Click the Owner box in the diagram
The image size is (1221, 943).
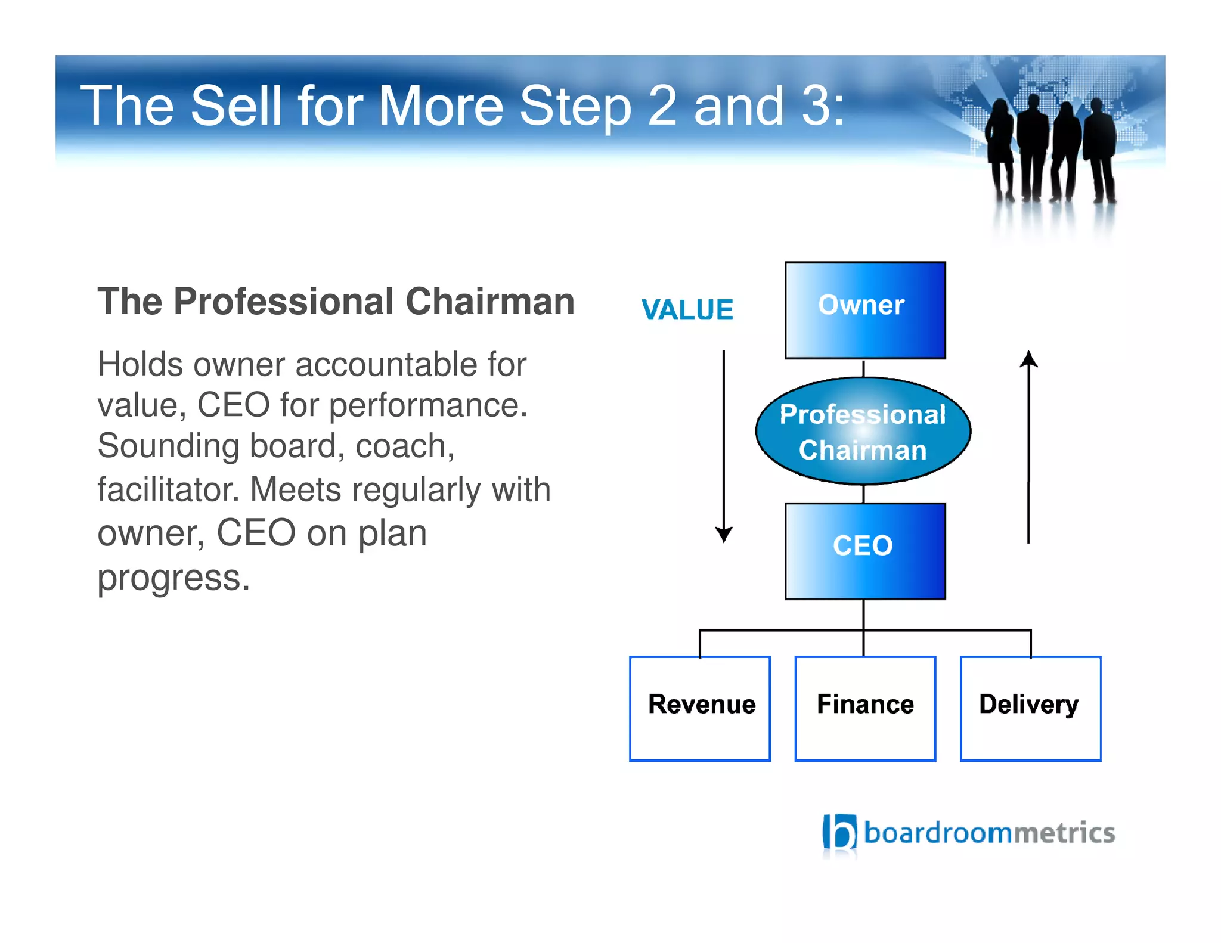pos(864,310)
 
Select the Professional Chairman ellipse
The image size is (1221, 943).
pos(863,431)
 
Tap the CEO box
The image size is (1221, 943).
pos(864,551)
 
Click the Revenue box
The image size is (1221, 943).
pos(700,708)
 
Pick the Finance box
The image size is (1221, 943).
pos(865,708)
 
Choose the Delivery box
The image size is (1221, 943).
pos(1030,708)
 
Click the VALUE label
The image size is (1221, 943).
pos(687,310)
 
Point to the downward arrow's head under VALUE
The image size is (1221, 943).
pos(724,535)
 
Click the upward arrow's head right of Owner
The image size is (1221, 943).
pos(1028,359)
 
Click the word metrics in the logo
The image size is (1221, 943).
pos(1064,833)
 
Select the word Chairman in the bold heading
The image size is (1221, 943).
pos(490,301)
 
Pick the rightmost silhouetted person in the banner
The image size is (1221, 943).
pos(1100,149)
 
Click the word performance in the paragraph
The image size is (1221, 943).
pos(427,405)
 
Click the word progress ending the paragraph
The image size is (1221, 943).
pos(173,578)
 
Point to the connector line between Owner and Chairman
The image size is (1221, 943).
pos(863,368)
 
